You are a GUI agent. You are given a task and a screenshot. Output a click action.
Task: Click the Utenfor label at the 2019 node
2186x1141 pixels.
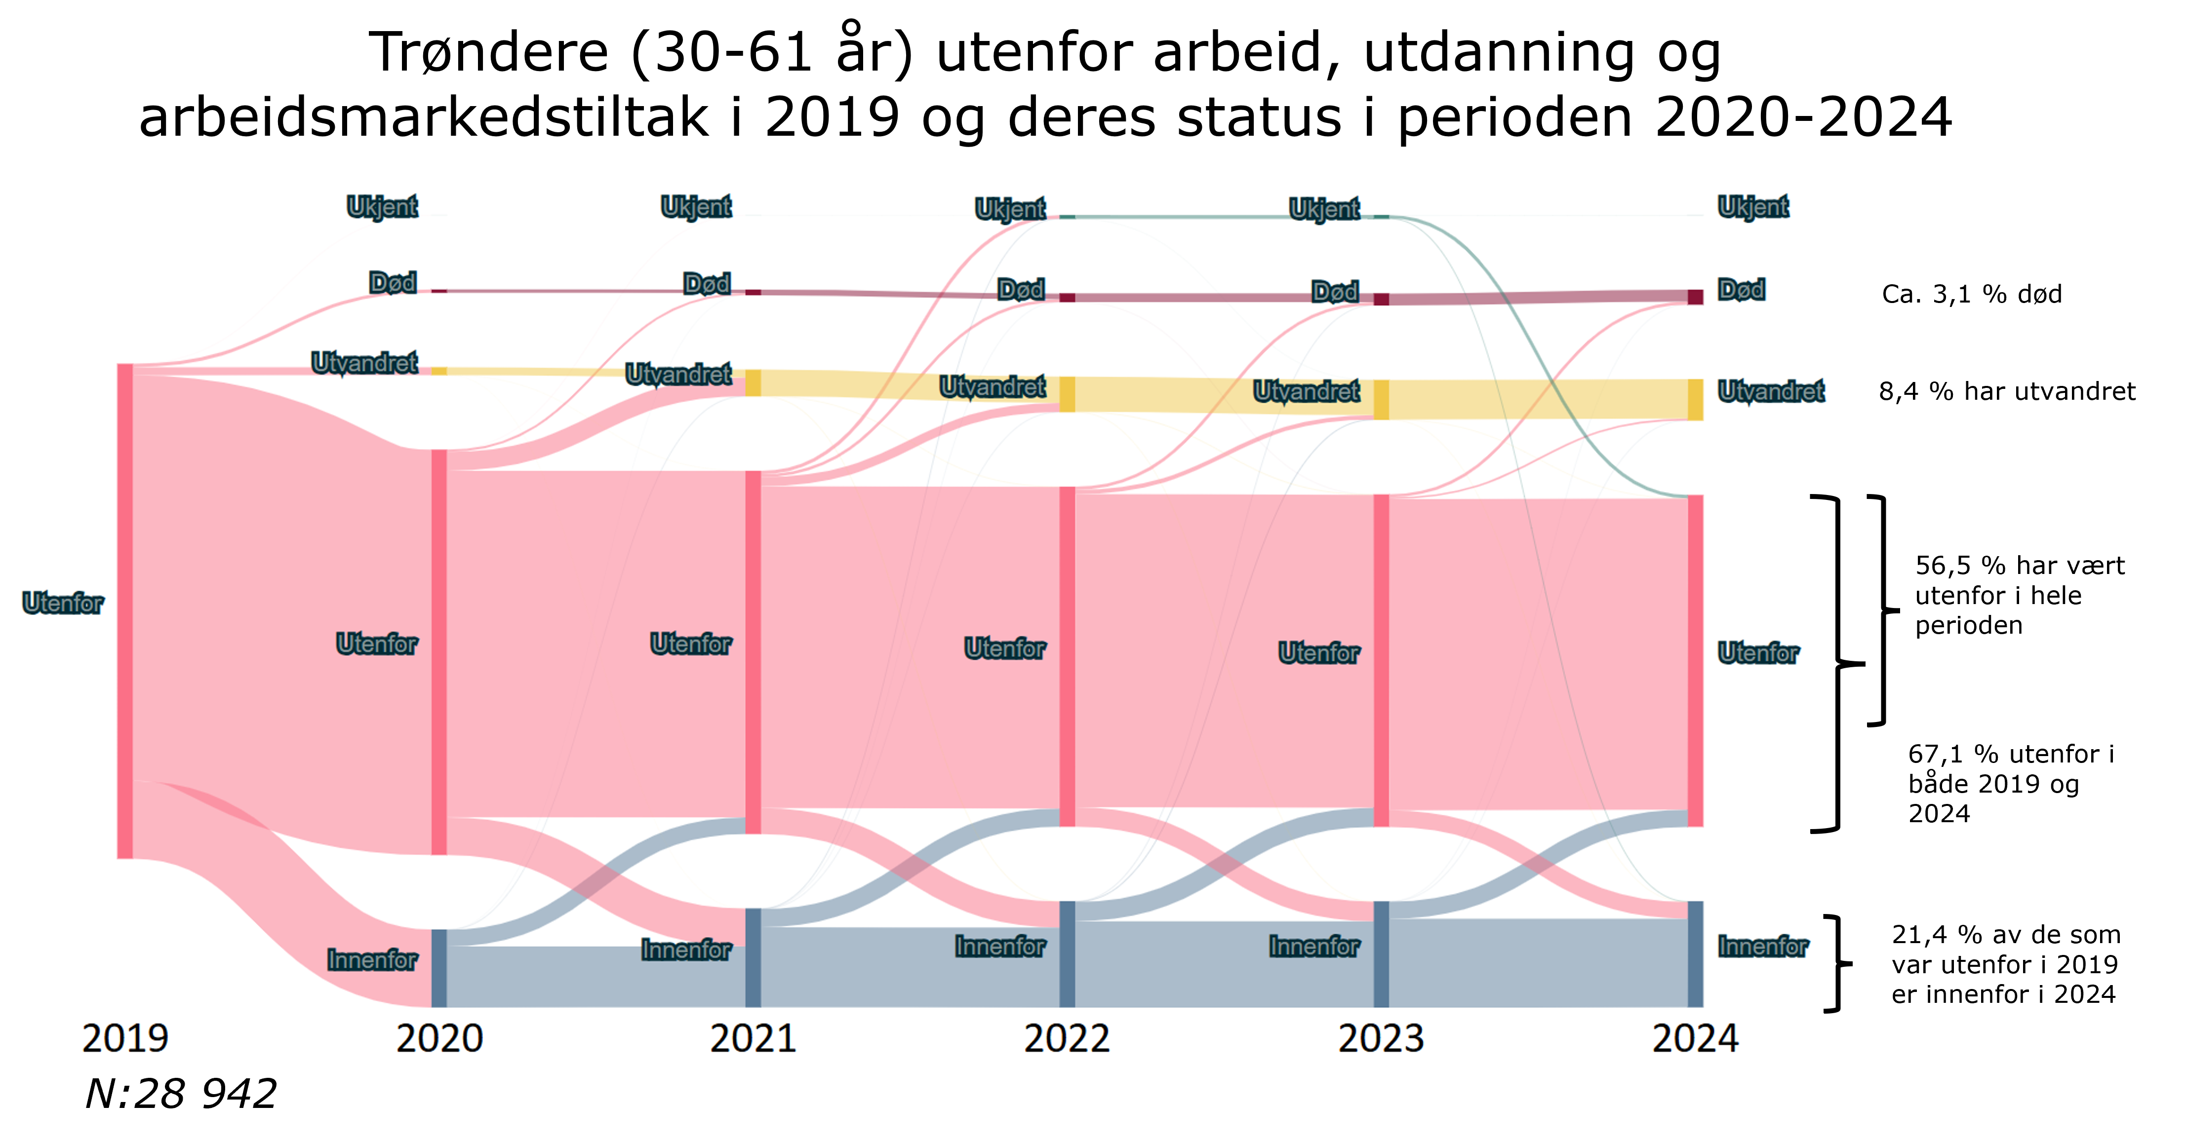[63, 603]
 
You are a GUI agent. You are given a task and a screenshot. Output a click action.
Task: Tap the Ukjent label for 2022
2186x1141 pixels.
[1010, 209]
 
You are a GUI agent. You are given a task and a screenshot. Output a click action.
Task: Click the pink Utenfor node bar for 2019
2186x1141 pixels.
[125, 611]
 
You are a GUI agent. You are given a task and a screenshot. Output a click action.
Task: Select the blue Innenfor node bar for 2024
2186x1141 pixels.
[1695, 954]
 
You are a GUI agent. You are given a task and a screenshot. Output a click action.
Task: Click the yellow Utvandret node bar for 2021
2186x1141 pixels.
[753, 382]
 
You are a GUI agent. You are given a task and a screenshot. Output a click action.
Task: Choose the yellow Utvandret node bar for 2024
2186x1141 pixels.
[1695, 400]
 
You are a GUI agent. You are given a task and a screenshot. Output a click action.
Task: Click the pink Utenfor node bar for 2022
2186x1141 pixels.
[1067, 656]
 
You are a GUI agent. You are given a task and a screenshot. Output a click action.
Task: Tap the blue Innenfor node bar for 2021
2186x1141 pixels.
[753, 958]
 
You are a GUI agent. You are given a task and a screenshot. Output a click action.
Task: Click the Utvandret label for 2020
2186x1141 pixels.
[364, 363]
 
